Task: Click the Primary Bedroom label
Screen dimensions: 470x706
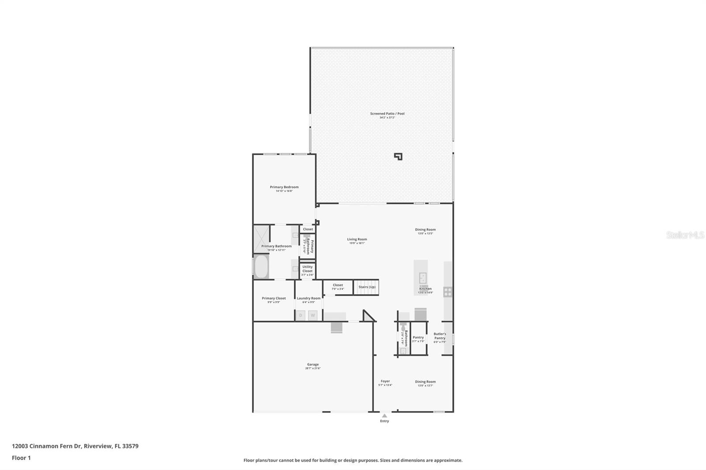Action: [x=284, y=187]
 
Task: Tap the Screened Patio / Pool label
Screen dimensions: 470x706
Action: [x=387, y=114]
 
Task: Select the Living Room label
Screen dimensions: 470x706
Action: [x=357, y=239]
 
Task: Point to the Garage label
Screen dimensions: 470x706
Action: [x=313, y=365]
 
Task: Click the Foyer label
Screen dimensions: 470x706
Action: [x=385, y=381]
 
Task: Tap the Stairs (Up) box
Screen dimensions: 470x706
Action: [x=367, y=287]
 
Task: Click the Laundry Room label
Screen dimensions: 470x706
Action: [x=308, y=298]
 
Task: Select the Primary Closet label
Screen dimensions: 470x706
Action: [x=274, y=298]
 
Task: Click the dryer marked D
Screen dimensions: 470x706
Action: [x=301, y=315]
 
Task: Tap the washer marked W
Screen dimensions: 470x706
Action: [x=312, y=315]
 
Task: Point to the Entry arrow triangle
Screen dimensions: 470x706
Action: [x=385, y=416]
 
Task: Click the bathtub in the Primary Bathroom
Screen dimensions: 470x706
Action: [x=261, y=267]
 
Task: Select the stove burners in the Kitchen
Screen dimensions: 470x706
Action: [x=448, y=292]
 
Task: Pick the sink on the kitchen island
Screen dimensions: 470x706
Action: [x=422, y=278]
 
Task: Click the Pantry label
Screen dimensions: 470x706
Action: [x=418, y=338]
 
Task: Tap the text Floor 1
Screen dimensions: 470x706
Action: [x=21, y=458]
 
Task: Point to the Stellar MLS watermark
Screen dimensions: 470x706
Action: [x=685, y=235]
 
